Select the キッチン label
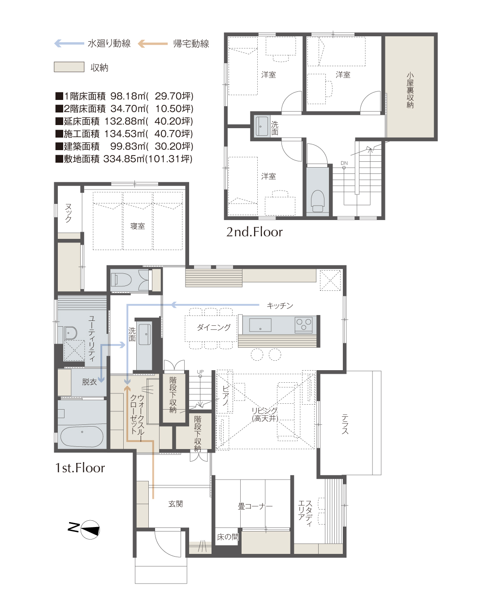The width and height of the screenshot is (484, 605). pyautogui.click(x=280, y=306)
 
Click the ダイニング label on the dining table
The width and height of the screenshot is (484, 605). pyautogui.click(x=213, y=327)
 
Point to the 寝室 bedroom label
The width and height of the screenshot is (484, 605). pyautogui.click(x=137, y=226)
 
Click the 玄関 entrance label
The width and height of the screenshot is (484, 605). pyautogui.click(x=176, y=504)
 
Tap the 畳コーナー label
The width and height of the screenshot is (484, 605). pyautogui.click(x=255, y=506)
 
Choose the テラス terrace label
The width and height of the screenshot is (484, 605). pyautogui.click(x=345, y=424)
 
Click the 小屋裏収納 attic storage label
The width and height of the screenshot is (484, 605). pyautogui.click(x=410, y=90)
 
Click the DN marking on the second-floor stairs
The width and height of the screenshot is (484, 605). pyautogui.click(x=344, y=163)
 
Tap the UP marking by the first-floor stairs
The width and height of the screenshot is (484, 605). pyautogui.click(x=200, y=372)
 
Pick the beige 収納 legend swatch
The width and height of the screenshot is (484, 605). pyautogui.click(x=69, y=67)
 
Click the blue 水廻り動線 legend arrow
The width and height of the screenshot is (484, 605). pyautogui.click(x=69, y=43)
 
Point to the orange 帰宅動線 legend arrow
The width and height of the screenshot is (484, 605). pyautogui.click(x=153, y=43)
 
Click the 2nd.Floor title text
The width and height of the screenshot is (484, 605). pyautogui.click(x=255, y=232)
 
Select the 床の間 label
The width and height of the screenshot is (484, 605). pyautogui.click(x=228, y=537)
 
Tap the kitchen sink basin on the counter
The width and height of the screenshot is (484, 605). pyautogui.click(x=260, y=325)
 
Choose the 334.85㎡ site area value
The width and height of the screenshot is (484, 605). pyautogui.click(x=124, y=159)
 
